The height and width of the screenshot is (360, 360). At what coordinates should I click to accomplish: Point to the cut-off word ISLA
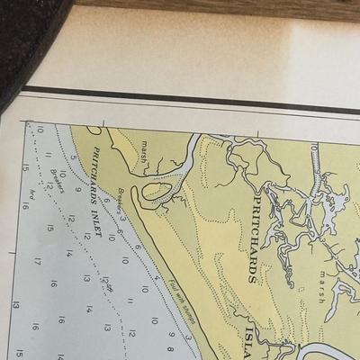tap(251, 341)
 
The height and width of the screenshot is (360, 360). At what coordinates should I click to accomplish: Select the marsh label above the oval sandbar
tap(146, 144)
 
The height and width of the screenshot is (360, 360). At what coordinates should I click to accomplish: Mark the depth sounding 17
tap(39, 262)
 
